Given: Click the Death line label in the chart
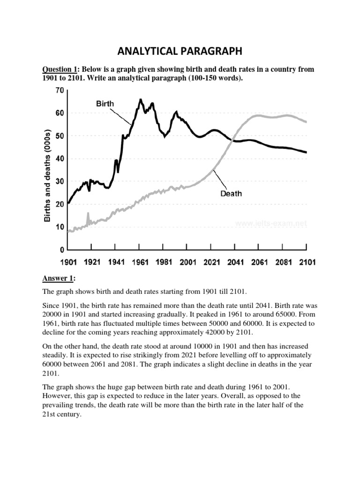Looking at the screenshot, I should tap(231, 193).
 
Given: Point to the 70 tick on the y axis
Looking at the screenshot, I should tap(59, 90).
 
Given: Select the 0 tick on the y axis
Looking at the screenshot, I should tap(61, 250).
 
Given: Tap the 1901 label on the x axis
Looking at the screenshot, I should tap(67, 262).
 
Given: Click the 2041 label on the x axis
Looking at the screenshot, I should tap(234, 262).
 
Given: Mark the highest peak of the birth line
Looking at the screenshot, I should tap(140, 100).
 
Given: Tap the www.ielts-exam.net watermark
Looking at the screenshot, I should tap(271, 224).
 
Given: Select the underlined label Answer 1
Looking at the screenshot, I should tap(58, 278).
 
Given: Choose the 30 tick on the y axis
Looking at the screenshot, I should tap(59, 181).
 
